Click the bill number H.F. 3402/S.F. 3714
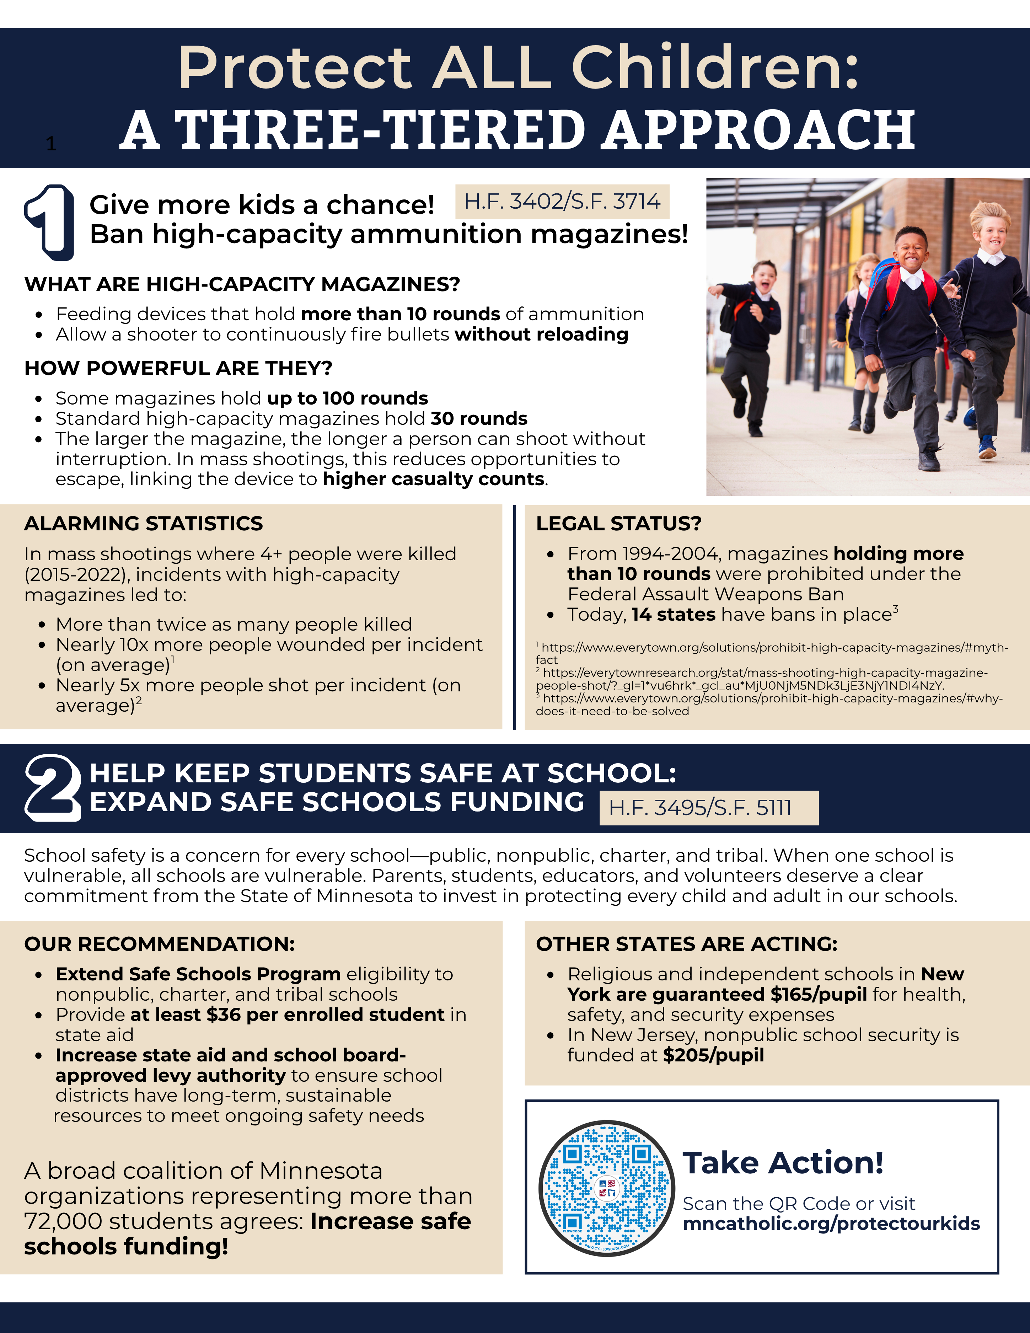pos(562,202)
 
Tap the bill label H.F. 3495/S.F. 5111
pos(700,808)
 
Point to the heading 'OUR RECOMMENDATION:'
pos(159,944)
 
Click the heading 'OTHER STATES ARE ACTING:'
pos(686,944)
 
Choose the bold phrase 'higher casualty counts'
pos(433,479)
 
